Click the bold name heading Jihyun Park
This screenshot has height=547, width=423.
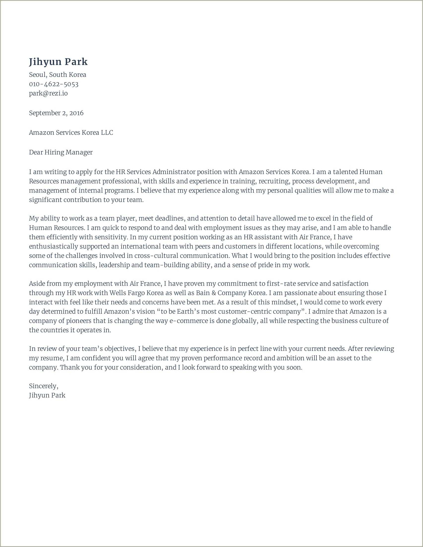click(58, 62)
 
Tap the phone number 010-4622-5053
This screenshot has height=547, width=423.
click(54, 84)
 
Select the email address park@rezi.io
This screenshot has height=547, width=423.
click(48, 93)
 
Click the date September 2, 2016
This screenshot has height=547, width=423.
click(56, 113)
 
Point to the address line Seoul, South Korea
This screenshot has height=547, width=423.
click(58, 75)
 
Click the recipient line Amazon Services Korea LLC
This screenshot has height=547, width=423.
click(71, 132)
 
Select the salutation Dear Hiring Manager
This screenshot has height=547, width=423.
click(60, 152)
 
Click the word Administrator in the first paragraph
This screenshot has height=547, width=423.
click(174, 172)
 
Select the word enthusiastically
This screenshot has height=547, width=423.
click(53, 246)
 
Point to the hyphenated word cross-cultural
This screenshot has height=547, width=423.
click(156, 256)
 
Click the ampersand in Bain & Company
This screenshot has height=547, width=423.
click(213, 293)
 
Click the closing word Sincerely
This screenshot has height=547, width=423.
click(43, 386)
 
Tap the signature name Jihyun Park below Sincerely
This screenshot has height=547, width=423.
click(47, 395)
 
